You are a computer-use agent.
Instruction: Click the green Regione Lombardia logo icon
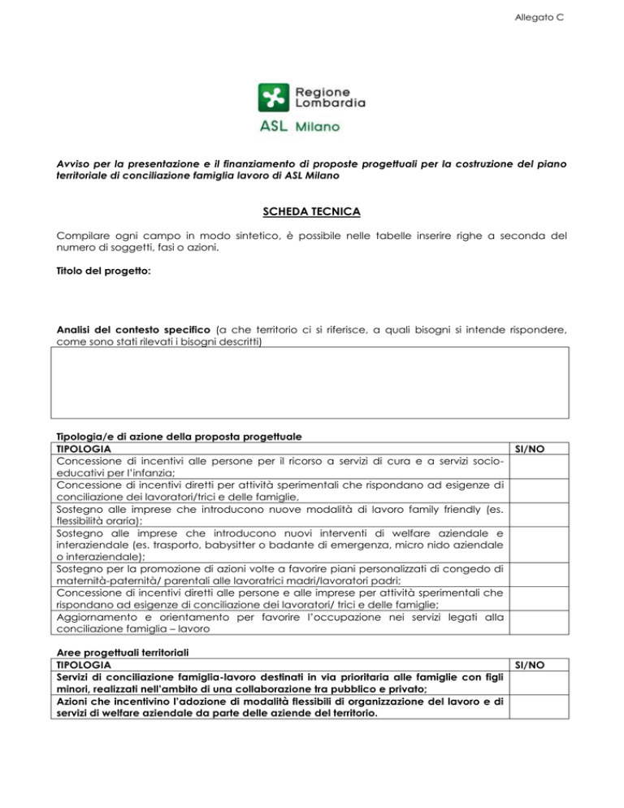tap(273, 98)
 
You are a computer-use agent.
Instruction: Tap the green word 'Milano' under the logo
tap(318, 128)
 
